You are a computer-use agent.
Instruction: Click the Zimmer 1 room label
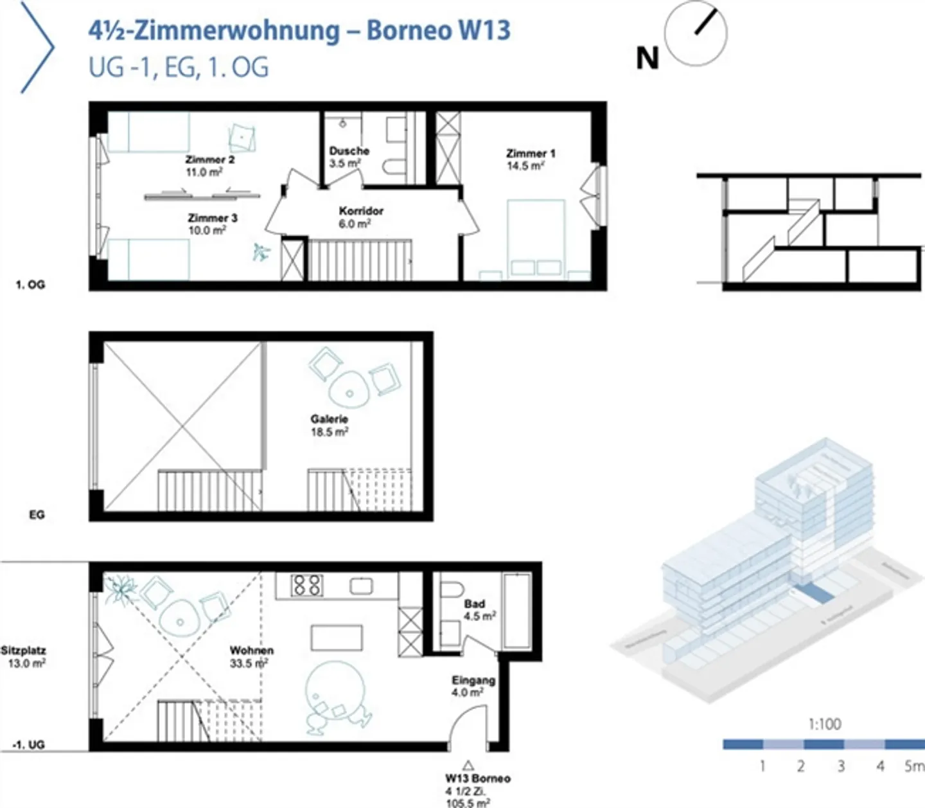pos(530,159)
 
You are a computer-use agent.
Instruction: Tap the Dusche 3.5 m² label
pos(349,157)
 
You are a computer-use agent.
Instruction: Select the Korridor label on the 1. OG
pos(361,217)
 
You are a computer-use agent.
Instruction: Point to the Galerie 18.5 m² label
pos(329,426)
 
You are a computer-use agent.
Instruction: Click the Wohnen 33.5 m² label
pos(251,656)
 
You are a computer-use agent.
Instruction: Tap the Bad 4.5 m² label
pos(479,610)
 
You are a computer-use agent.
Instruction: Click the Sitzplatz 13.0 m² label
pos(24,656)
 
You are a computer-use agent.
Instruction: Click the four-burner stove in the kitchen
pos(306,585)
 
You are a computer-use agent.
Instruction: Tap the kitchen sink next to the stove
pos(361,586)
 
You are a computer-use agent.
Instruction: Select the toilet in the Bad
pos(452,591)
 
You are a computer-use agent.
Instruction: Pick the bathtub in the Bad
pos(516,611)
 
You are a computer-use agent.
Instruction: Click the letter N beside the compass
pos(647,58)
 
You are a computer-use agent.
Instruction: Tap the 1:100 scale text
pos(825,724)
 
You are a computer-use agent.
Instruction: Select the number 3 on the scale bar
pos(841,766)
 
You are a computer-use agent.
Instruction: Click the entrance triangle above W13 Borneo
pos(468,765)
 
